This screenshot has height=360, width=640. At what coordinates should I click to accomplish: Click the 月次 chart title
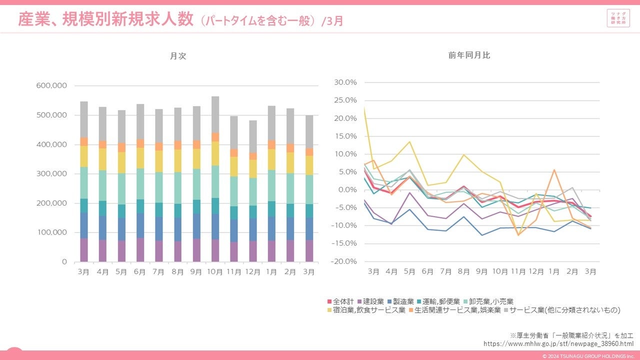click(x=178, y=56)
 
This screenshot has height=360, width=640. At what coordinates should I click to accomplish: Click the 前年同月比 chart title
click(x=469, y=55)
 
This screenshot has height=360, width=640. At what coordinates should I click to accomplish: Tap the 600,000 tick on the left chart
click(x=52, y=85)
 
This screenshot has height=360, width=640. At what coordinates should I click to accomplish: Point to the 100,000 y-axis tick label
click(x=52, y=232)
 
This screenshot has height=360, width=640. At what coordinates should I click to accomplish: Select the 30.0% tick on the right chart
click(x=346, y=82)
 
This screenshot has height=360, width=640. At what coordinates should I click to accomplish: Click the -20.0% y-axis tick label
click(x=345, y=261)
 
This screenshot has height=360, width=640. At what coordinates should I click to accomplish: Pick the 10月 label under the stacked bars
click(x=215, y=272)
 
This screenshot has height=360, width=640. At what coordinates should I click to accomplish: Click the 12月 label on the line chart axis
click(x=536, y=272)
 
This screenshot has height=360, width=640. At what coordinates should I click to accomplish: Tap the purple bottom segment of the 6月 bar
click(x=140, y=250)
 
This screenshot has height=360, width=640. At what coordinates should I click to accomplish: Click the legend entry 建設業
click(x=370, y=301)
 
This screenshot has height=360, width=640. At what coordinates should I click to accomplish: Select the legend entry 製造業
click(x=400, y=301)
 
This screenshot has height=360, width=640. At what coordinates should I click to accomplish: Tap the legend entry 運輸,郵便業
click(x=438, y=301)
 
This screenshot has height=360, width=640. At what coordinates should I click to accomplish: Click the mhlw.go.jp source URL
click(x=558, y=344)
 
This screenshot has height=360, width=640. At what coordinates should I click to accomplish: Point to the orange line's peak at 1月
click(x=554, y=170)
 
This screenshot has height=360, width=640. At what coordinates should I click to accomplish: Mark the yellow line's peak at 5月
click(x=409, y=141)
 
